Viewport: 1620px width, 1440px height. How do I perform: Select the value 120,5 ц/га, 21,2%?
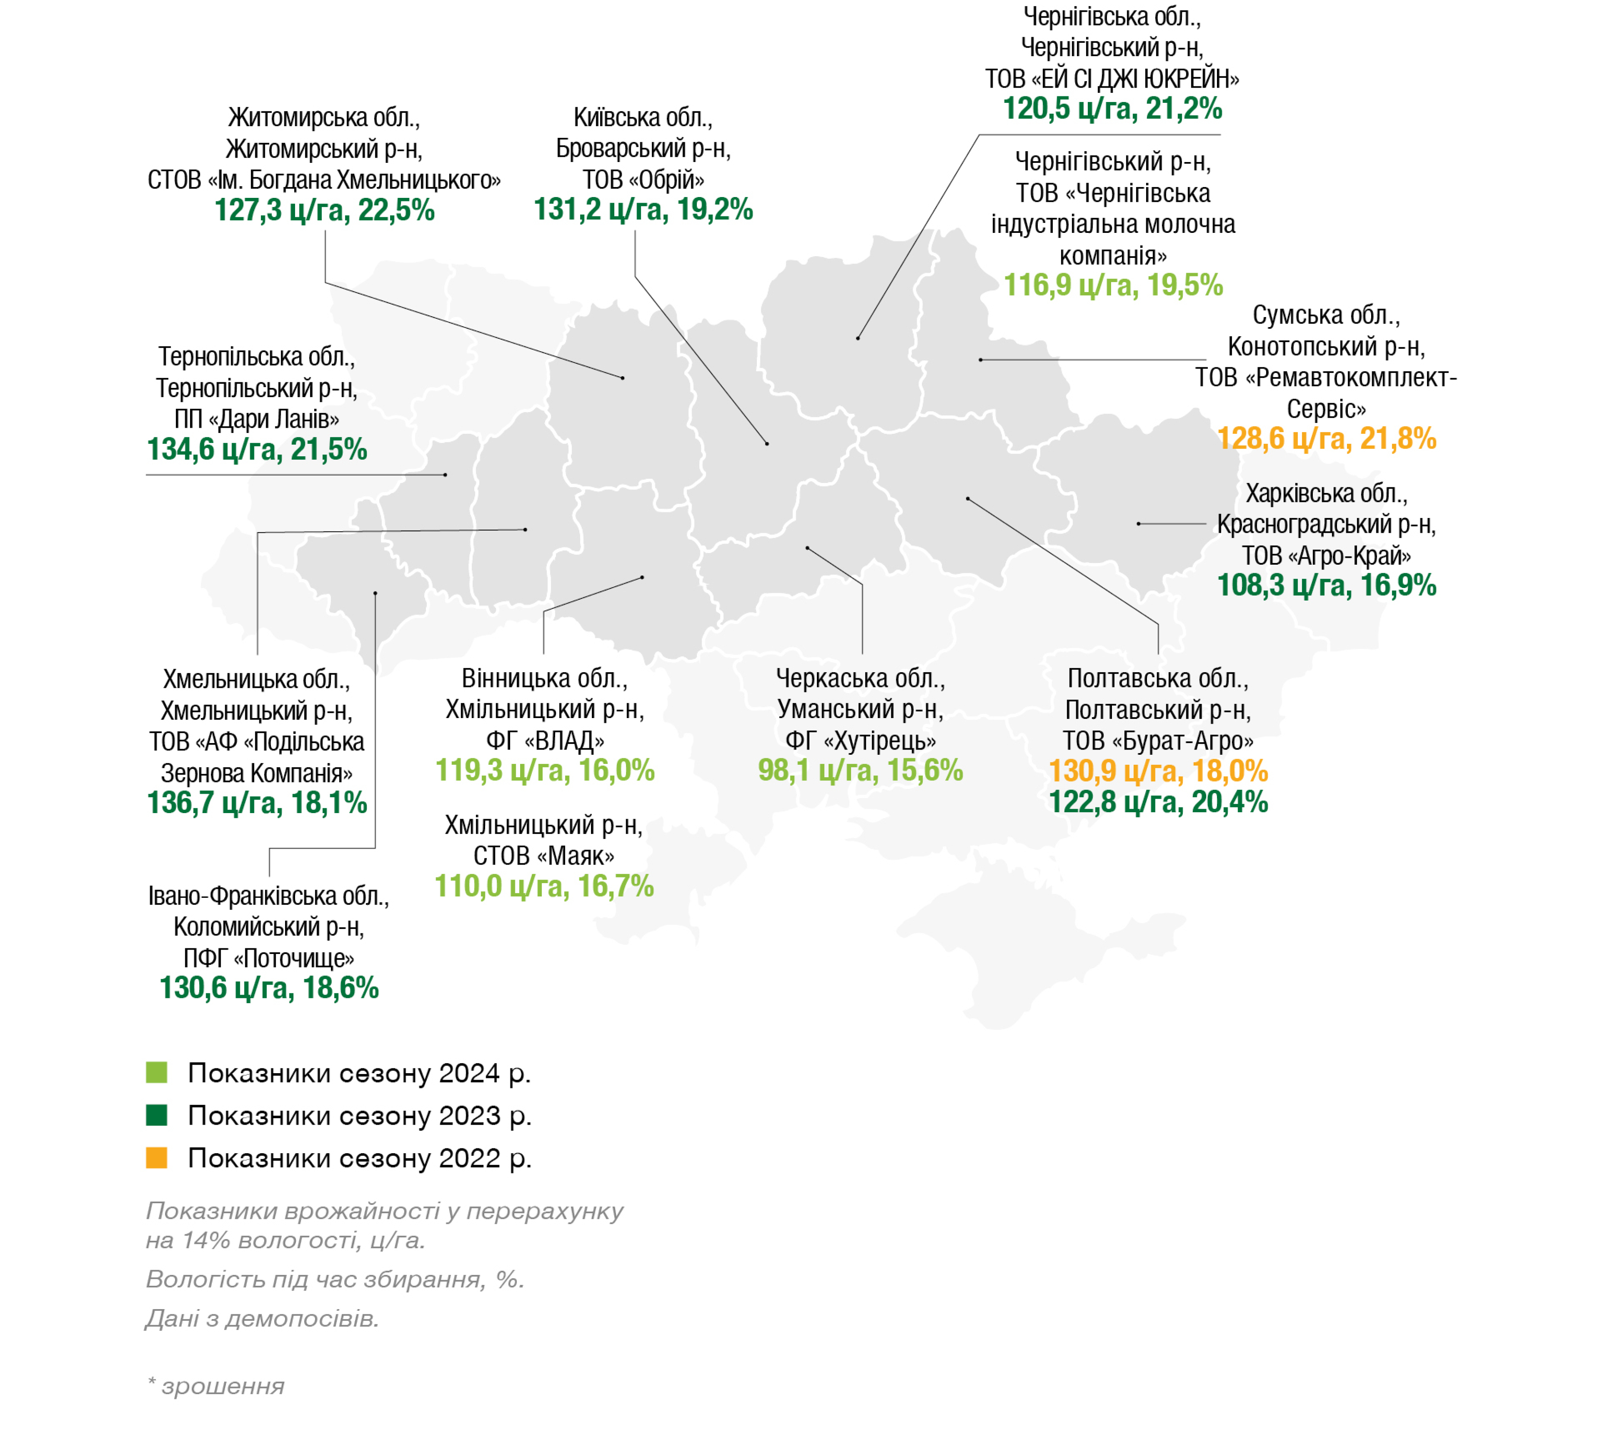click(1113, 108)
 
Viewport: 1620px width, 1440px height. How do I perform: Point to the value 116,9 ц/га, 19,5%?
click(1114, 285)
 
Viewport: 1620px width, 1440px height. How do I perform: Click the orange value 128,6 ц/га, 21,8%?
click(1327, 438)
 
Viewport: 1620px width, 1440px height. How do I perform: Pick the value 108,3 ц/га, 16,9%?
click(1327, 586)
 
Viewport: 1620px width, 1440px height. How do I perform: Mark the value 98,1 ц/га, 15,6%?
click(861, 770)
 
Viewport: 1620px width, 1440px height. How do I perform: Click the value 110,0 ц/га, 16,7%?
click(544, 886)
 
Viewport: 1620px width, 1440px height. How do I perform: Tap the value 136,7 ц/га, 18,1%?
click(257, 803)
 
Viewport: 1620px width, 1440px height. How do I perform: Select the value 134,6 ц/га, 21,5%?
click(257, 449)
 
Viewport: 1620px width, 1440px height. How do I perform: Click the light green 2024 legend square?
click(157, 1073)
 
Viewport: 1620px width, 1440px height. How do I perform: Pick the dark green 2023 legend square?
click(157, 1116)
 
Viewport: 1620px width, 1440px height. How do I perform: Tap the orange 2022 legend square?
click(157, 1158)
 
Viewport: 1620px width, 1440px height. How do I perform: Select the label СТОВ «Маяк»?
click(544, 856)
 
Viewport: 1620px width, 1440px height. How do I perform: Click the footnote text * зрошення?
click(216, 1386)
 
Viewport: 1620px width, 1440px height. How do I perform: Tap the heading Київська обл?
click(643, 117)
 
